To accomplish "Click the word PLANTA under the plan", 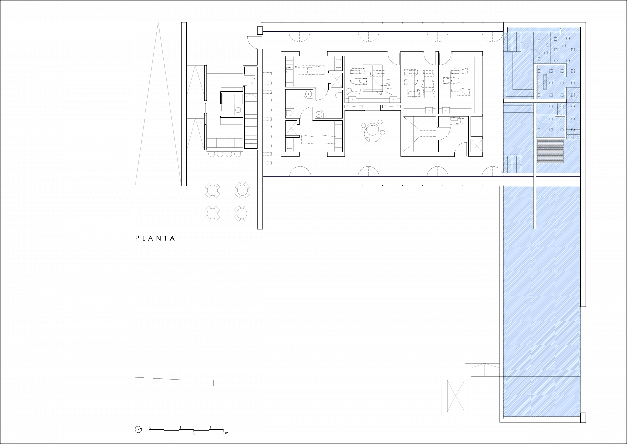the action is (155, 238).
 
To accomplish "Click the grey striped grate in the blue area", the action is (550, 151).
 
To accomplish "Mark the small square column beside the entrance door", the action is (260, 31).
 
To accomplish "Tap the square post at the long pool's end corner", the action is (583, 425).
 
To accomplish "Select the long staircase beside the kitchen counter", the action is (251, 121).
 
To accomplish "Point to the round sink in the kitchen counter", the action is (42, 110).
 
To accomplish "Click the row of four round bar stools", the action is (224, 154).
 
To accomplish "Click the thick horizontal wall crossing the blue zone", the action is (534, 101).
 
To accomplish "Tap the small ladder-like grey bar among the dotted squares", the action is (545, 82).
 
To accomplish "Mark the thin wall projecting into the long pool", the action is (535, 165).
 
